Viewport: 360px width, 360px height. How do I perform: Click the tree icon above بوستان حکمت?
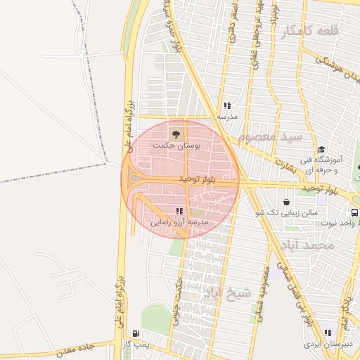pos(176,132)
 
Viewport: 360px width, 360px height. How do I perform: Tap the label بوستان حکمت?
pos(176,145)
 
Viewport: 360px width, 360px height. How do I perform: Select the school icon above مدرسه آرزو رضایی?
pos(180,210)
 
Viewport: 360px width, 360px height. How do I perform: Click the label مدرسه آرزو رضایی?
pos(181,222)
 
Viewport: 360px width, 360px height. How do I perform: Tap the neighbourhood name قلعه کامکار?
pos(310,32)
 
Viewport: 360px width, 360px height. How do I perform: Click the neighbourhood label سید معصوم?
pos(271,136)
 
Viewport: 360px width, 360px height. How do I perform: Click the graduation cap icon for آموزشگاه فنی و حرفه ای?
pos(321,149)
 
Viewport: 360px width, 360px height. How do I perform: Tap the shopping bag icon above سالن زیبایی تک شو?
pos(286,202)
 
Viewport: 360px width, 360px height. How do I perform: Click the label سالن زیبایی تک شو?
pos(287,212)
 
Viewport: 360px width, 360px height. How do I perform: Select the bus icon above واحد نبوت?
pos(355,212)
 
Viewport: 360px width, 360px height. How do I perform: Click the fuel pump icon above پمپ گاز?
pos(136,333)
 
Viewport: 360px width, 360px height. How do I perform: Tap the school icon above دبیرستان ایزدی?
pos(328,333)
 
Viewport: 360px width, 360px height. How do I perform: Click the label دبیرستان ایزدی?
pos(323,345)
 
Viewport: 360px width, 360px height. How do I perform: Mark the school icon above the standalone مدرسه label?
pos(227,105)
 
